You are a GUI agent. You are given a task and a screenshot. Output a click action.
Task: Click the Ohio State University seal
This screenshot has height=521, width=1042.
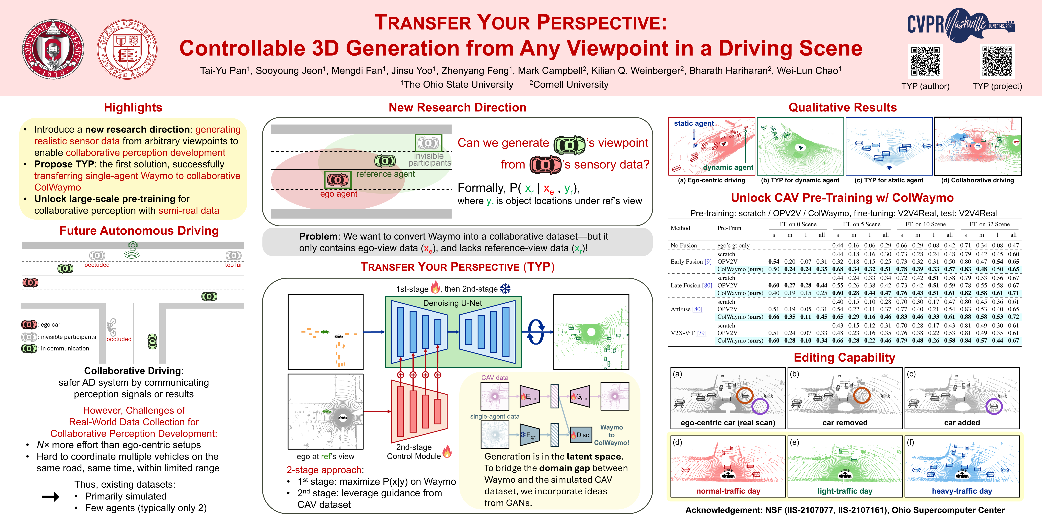coord(53,49)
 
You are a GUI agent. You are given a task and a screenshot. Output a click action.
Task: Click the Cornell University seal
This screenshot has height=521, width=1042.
coord(127,49)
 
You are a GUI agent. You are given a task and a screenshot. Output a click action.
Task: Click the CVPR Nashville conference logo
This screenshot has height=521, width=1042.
coord(961,25)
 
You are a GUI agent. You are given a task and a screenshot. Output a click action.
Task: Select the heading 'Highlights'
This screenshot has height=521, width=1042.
coord(133,108)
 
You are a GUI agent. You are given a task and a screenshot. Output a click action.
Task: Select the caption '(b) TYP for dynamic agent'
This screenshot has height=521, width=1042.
coord(800,180)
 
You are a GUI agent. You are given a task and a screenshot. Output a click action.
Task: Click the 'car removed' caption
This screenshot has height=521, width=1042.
coord(845,423)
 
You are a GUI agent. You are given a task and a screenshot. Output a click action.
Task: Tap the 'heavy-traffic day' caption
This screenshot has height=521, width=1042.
coord(962,491)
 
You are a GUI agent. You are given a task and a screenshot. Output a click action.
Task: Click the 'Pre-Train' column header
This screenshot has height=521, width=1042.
coord(729,228)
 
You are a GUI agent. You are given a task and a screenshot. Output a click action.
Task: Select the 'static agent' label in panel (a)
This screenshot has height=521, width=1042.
coord(694,123)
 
